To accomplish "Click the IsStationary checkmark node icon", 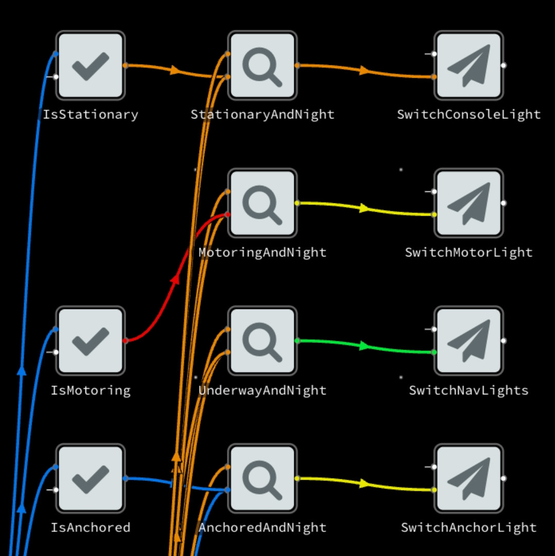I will (x=91, y=65).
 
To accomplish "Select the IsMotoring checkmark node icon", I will (x=91, y=340).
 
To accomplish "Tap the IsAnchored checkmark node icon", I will (x=91, y=478).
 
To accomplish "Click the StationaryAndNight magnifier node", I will (x=262, y=65).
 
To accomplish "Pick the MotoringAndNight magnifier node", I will (x=262, y=203).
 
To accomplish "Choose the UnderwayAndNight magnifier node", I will (x=262, y=340).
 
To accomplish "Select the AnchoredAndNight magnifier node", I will (x=262, y=478).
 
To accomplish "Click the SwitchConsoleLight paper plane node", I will (x=468, y=65).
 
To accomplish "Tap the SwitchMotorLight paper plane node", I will (x=468, y=203).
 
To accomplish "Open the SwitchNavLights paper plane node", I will (x=468, y=340).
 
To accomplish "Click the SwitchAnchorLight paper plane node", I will (x=468, y=478).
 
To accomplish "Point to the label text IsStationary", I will (x=91, y=114).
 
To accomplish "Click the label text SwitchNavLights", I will (x=469, y=390).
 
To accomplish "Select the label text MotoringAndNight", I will (x=262, y=252).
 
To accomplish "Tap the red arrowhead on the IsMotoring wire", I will (x=175, y=279).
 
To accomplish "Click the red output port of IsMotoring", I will (x=126, y=340).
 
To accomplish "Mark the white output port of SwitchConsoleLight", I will (x=504, y=65).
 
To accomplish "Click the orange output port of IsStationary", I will (x=126, y=65).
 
